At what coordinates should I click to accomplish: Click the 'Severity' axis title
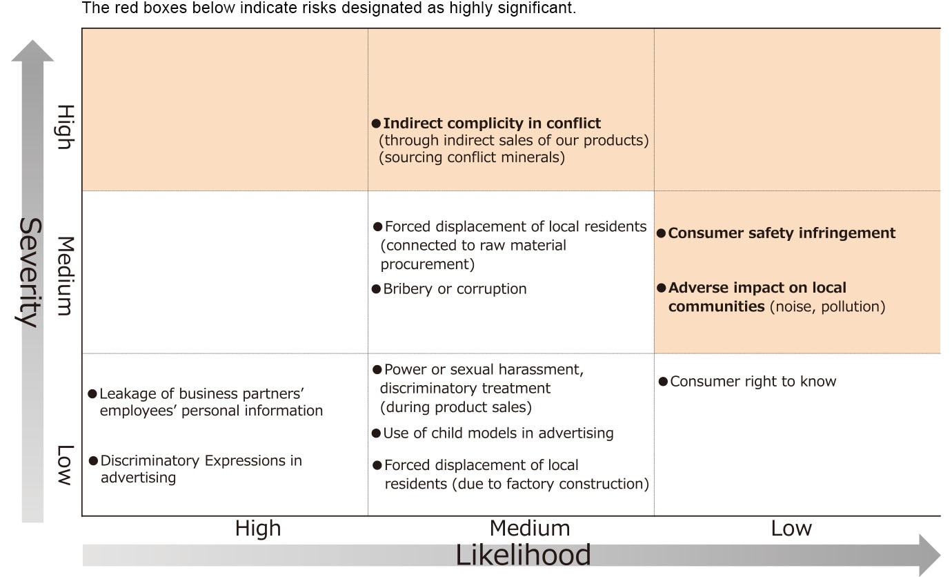point(31,272)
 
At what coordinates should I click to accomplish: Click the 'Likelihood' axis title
point(523,554)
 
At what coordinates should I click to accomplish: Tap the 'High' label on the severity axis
point(66,127)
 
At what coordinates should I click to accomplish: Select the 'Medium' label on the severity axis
point(66,276)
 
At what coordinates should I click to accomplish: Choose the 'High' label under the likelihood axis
point(258,528)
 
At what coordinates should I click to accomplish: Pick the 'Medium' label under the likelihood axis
point(530,528)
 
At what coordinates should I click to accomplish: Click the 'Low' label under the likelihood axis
point(791,528)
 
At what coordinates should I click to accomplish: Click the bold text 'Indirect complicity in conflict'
point(492,123)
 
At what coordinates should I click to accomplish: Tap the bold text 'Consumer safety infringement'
point(782,233)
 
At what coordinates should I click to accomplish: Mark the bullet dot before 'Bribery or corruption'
point(376,289)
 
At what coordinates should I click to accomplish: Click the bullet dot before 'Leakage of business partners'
point(92,393)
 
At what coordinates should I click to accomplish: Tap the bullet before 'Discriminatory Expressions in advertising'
point(94,460)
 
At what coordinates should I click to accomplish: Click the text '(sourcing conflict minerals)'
point(472,157)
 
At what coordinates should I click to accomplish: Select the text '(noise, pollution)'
point(827,306)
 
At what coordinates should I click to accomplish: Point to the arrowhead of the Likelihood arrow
point(930,555)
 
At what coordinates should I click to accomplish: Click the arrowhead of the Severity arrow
point(32,50)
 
